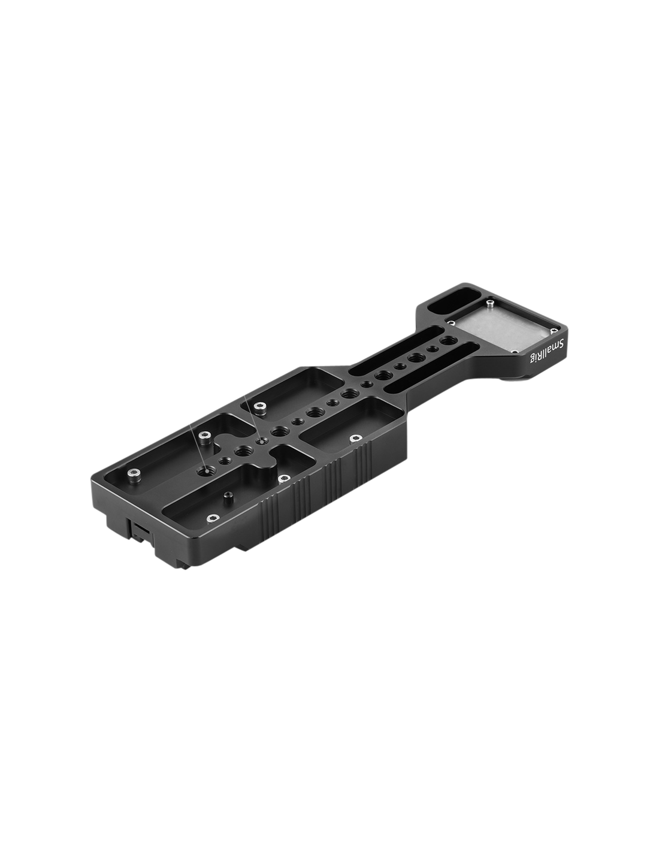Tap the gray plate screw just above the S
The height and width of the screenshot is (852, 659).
(x=553, y=331)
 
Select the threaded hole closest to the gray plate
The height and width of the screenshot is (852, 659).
(x=446, y=340)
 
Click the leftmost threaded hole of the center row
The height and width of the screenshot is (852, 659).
(x=205, y=472)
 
